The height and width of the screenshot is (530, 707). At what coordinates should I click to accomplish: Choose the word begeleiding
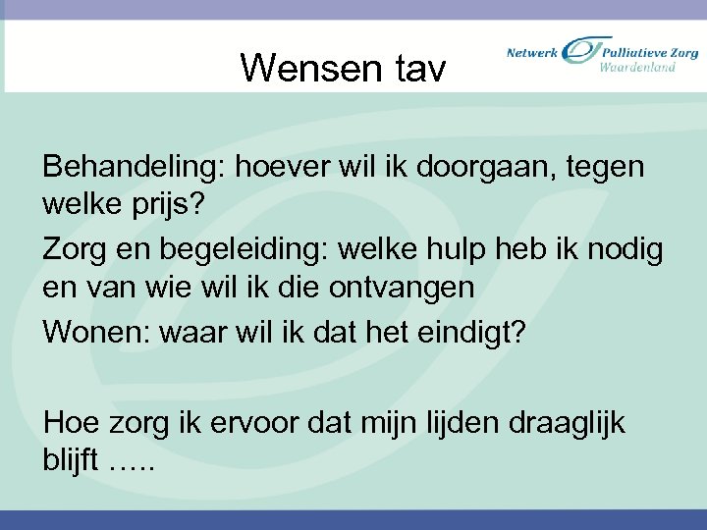[x=233, y=250]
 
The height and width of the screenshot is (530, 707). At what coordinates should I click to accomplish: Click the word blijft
[x=71, y=462]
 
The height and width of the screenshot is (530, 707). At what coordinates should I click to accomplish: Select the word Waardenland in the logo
[x=637, y=67]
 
